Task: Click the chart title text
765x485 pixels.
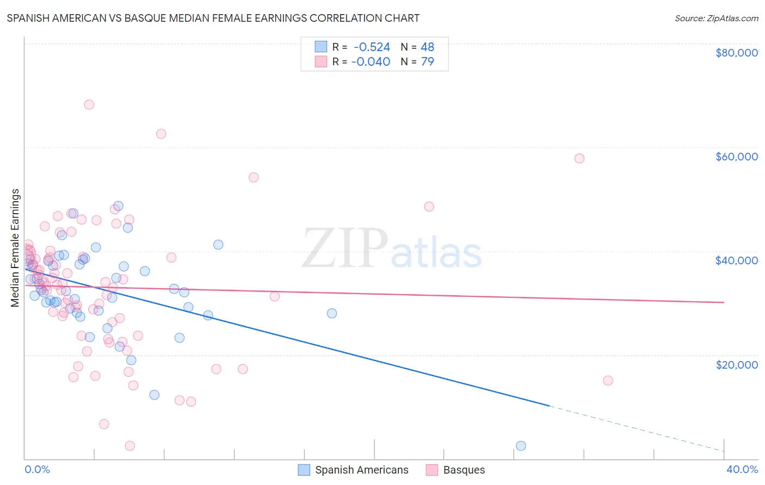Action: pyautogui.click(x=213, y=18)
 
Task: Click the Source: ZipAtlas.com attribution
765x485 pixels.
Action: pyautogui.click(x=716, y=18)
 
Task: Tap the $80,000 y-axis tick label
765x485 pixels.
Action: pyautogui.click(x=736, y=53)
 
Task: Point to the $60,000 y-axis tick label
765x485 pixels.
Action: pyautogui.click(x=736, y=157)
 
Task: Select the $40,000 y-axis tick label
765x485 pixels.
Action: pyautogui.click(x=736, y=260)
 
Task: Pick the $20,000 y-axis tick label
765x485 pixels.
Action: pyautogui.click(x=736, y=364)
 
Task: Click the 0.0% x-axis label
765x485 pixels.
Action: pyautogui.click(x=37, y=469)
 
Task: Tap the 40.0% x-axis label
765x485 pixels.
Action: pyautogui.click(x=742, y=469)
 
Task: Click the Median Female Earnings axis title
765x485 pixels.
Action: pyautogui.click(x=15, y=248)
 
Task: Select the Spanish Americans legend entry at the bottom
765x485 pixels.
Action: pyautogui.click(x=361, y=470)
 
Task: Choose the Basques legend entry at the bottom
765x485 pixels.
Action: pyautogui.click(x=464, y=470)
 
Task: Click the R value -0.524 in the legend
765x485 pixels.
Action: pyautogui.click(x=372, y=47)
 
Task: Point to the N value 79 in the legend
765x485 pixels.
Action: pyautogui.click(x=427, y=61)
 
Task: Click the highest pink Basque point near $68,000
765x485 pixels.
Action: pyautogui.click(x=89, y=104)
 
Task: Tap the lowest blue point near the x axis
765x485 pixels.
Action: pyautogui.click(x=521, y=446)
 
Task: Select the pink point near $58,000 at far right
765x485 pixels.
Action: pyautogui.click(x=579, y=158)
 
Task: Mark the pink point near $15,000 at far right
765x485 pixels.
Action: pyautogui.click(x=608, y=381)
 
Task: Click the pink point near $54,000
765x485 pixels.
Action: pyautogui.click(x=253, y=177)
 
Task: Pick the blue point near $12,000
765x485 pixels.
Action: pyautogui.click(x=154, y=395)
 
